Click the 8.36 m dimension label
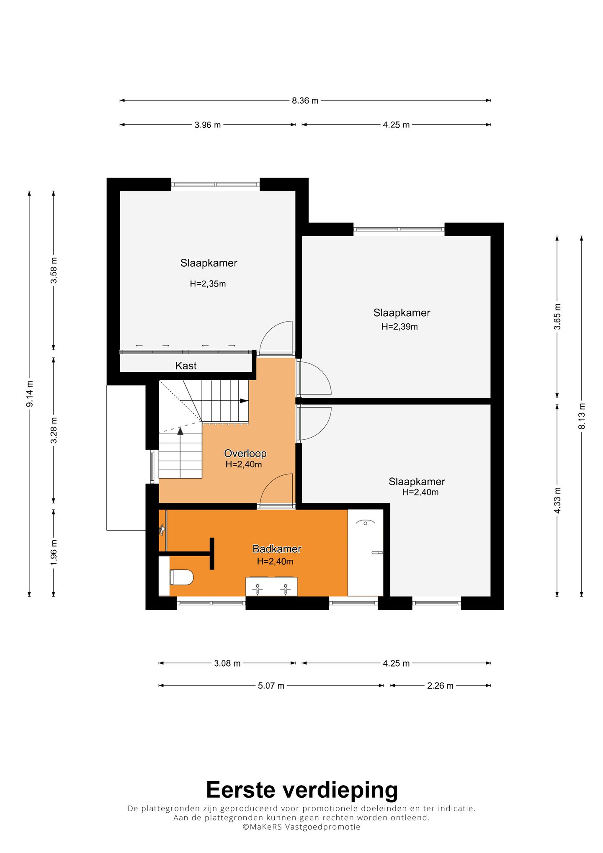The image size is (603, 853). [305, 101]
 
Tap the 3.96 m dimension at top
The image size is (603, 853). [207, 125]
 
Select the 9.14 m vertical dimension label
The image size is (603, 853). [30, 394]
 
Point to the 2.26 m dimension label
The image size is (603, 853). [440, 685]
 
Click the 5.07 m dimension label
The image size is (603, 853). [271, 685]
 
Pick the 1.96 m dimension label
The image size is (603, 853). [54, 552]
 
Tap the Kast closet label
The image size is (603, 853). [186, 366]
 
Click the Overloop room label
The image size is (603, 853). [245, 453]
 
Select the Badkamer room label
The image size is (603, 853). [277, 549]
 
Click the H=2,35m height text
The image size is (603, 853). [208, 283]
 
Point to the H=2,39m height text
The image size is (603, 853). [399, 327]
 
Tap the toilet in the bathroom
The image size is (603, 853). [181, 577]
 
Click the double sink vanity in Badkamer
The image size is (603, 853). [271, 586]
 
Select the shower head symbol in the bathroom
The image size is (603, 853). [366, 523]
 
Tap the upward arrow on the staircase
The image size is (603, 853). [180, 431]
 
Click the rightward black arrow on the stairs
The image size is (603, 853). [244, 401]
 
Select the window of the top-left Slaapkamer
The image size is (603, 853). [215, 184]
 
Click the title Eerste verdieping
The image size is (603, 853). [301, 790]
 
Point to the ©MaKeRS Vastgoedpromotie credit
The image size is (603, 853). [301, 827]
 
